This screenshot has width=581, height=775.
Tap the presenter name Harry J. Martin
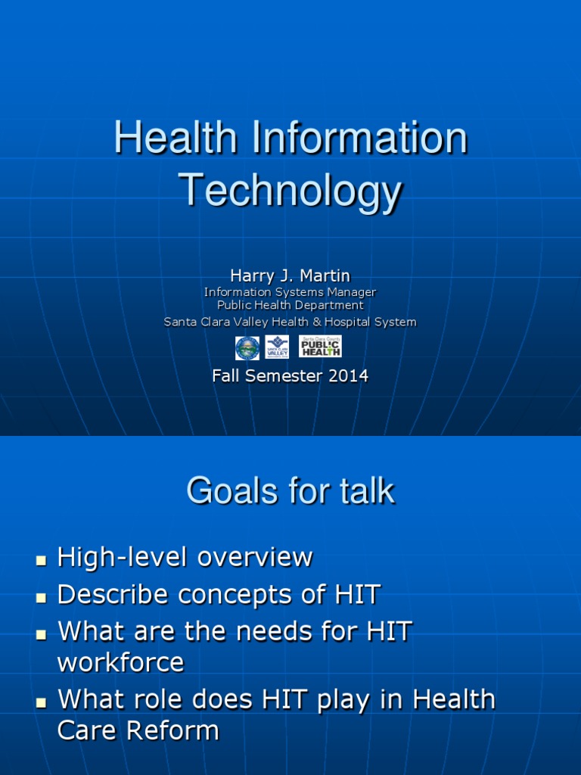(x=290, y=276)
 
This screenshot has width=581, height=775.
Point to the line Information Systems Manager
(x=290, y=292)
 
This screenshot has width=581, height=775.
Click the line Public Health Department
(x=290, y=306)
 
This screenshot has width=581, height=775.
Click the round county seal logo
(x=247, y=347)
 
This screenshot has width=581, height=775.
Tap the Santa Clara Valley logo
(x=277, y=347)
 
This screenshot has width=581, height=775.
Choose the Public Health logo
(x=320, y=347)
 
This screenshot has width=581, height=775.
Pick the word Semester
(x=284, y=375)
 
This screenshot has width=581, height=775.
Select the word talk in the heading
(x=367, y=491)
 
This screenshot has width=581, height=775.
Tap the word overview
(x=256, y=558)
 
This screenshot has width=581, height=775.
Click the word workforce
(x=121, y=663)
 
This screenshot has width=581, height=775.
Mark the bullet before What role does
(x=42, y=702)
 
